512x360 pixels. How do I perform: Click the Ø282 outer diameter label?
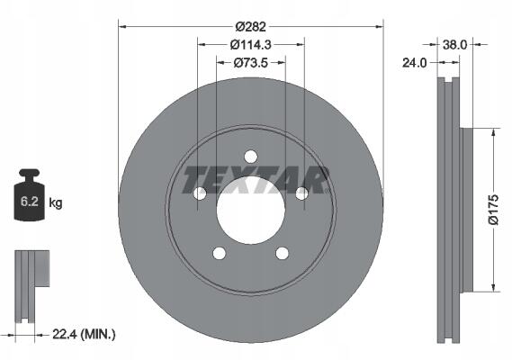tap(251, 27)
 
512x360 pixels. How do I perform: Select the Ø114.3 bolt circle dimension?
tap(251, 45)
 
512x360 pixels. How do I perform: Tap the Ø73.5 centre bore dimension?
tap(251, 63)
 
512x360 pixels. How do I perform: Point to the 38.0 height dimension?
tap(454, 45)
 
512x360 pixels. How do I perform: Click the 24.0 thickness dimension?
tap(414, 63)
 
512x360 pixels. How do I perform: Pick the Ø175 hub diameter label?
tap(494, 210)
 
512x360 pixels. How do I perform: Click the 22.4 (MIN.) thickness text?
tap(84, 334)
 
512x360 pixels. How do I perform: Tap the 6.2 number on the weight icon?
tap(30, 202)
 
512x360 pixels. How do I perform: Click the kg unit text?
tap(56, 202)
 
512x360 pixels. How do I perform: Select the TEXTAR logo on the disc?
tap(256, 180)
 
